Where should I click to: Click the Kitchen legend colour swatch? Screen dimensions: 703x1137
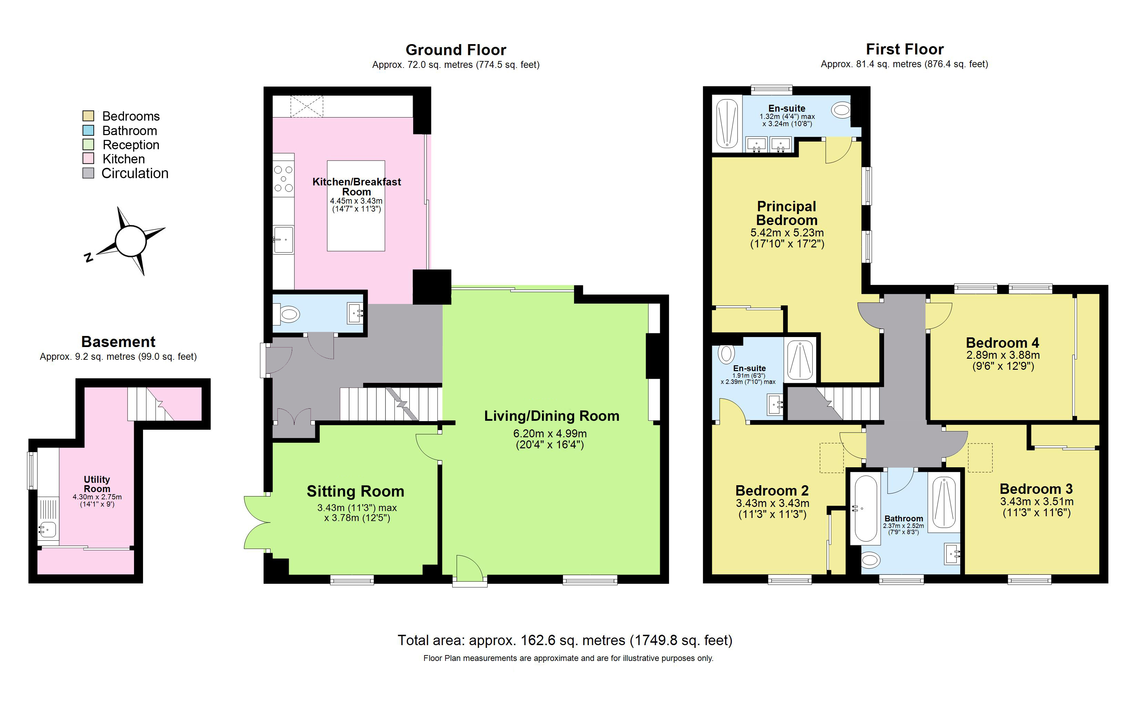click(x=88, y=159)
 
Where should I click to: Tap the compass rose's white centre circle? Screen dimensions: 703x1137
click(x=131, y=241)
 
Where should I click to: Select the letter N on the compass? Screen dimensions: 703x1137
click(x=88, y=257)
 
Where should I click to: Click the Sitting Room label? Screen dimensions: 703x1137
click(x=355, y=491)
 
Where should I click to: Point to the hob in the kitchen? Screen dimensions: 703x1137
click(x=283, y=179)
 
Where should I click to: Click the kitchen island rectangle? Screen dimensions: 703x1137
click(x=356, y=233)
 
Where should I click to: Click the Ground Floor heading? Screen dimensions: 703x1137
click(x=455, y=50)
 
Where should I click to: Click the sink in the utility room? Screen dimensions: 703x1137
click(x=48, y=529)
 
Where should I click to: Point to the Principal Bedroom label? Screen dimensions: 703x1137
click(x=787, y=213)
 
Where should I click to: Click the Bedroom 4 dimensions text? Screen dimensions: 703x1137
click(x=1003, y=360)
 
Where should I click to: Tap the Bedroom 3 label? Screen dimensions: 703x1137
click(x=1036, y=489)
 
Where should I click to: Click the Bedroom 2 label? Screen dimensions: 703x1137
click(x=772, y=490)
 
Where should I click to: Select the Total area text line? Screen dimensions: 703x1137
click(x=564, y=640)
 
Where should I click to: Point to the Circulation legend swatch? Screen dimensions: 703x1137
click(x=88, y=173)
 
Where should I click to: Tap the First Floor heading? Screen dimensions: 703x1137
click(x=904, y=49)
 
